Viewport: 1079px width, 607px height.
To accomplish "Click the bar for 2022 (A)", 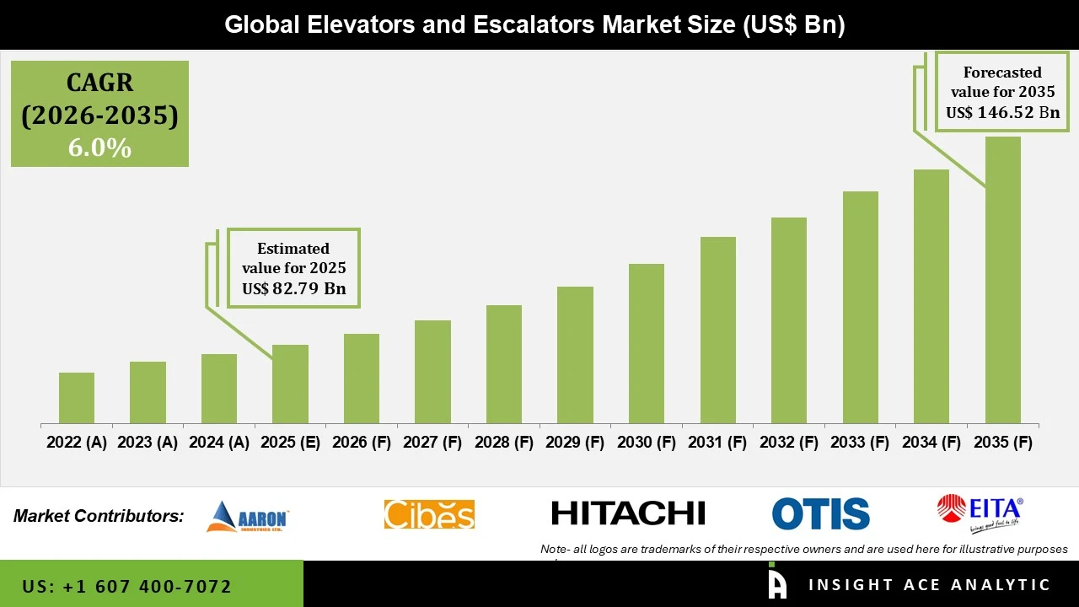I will [77, 398].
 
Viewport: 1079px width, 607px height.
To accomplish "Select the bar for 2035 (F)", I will [1002, 280].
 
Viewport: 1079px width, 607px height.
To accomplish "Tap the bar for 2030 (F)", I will [647, 343].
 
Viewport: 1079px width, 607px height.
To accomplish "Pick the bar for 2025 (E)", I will [290, 384].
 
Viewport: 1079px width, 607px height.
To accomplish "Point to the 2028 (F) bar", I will [504, 364].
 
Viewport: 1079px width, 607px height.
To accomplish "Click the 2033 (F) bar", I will [860, 307].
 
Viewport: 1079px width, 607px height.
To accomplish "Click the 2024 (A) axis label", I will [219, 443].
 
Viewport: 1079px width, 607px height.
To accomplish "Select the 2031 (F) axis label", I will [718, 443].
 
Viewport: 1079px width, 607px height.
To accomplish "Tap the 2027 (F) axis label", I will [432, 443].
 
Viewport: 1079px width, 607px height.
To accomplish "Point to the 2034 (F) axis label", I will [931, 443].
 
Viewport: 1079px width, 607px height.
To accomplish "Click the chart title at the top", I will [534, 24].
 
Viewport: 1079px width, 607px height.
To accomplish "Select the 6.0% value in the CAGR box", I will [99, 148].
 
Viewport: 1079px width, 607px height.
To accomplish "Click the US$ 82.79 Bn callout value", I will [293, 289].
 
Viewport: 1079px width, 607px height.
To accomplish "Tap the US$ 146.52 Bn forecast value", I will [1002, 113].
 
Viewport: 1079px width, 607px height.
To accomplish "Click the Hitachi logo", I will [628, 513].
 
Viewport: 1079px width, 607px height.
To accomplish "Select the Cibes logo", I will [429, 514].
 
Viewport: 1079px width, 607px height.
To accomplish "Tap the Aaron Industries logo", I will [248, 516].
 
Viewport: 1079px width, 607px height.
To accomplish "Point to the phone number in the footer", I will [127, 586].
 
